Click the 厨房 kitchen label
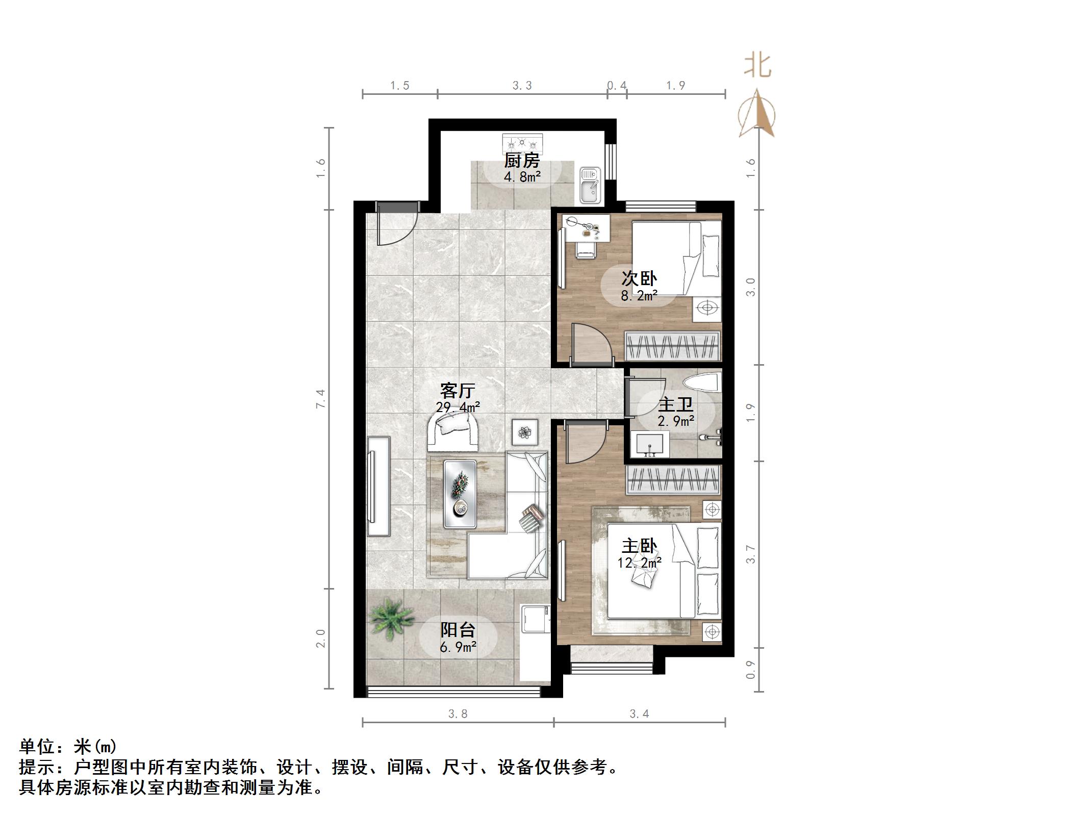pyautogui.click(x=522, y=161)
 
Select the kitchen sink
pyautogui.click(x=591, y=186)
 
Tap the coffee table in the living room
pyautogui.click(x=460, y=494)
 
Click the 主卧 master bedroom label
pyautogui.click(x=639, y=546)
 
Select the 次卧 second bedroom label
pyautogui.click(x=639, y=278)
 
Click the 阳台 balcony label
pyautogui.click(x=458, y=630)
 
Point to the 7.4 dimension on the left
pyautogui.click(x=320, y=398)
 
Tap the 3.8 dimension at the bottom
pyautogui.click(x=458, y=713)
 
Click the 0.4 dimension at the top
pyautogui.click(x=617, y=86)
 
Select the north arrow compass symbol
pyautogui.click(x=757, y=113)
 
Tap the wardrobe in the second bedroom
pyautogui.click(x=673, y=346)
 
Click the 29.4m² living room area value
pyautogui.click(x=458, y=407)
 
